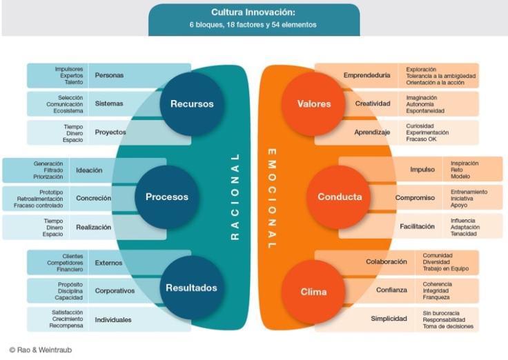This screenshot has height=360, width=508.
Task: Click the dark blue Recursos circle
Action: click(x=192, y=104)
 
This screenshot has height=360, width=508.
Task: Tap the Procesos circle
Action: click(x=167, y=197)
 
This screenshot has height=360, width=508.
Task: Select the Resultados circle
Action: click(x=192, y=288)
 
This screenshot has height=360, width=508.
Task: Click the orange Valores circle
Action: click(x=314, y=104)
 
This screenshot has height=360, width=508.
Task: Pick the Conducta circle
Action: click(x=339, y=197)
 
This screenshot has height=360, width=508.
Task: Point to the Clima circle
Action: click(x=313, y=292)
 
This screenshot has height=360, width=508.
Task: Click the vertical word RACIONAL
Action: click(x=235, y=197)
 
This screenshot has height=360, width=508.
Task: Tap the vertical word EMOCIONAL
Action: click(x=271, y=199)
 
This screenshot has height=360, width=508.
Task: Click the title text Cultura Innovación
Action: click(x=253, y=12)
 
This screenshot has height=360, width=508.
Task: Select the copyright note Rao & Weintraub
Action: click(x=41, y=350)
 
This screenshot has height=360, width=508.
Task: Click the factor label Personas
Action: click(x=109, y=75)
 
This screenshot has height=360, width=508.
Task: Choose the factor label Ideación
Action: click(x=89, y=170)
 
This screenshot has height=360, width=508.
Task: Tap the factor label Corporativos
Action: click(x=115, y=291)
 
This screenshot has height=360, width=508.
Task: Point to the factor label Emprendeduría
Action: click(x=367, y=75)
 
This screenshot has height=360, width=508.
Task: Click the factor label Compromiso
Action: click(x=415, y=198)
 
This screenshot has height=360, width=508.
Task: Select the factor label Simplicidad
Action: click(x=389, y=319)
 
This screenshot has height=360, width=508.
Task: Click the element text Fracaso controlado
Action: click(x=38, y=206)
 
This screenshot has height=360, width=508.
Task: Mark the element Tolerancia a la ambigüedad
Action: click(x=441, y=76)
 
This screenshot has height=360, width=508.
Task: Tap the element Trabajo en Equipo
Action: click(x=446, y=269)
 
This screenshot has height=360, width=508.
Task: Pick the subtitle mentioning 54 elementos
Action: click(x=253, y=25)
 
